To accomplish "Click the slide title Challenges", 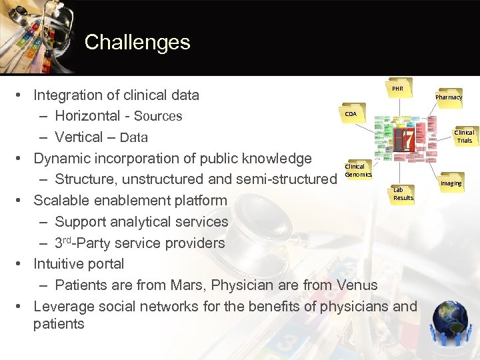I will click(137, 43).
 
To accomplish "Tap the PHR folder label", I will click(397, 89).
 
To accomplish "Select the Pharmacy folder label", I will click(449, 97).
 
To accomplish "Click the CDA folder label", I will click(351, 114).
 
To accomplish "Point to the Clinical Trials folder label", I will click(464, 137).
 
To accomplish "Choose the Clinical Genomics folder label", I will click(354, 170).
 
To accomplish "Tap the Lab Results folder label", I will click(403, 194).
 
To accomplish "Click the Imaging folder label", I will click(450, 183).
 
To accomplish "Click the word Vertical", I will click(79, 137).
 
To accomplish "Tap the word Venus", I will click(357, 285).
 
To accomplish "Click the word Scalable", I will click(62, 201).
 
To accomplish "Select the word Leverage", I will click(63, 307).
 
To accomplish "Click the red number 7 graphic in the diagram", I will click(403, 138).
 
